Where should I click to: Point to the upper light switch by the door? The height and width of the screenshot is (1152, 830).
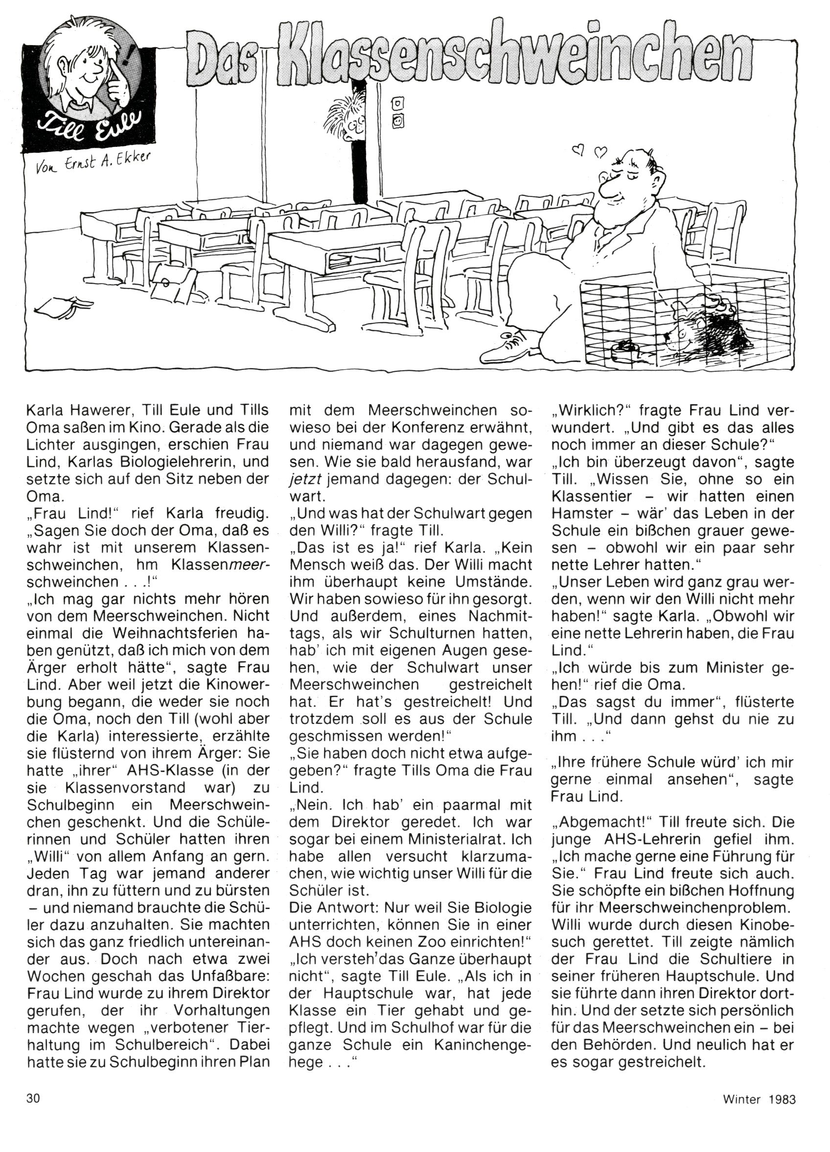tap(397, 105)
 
